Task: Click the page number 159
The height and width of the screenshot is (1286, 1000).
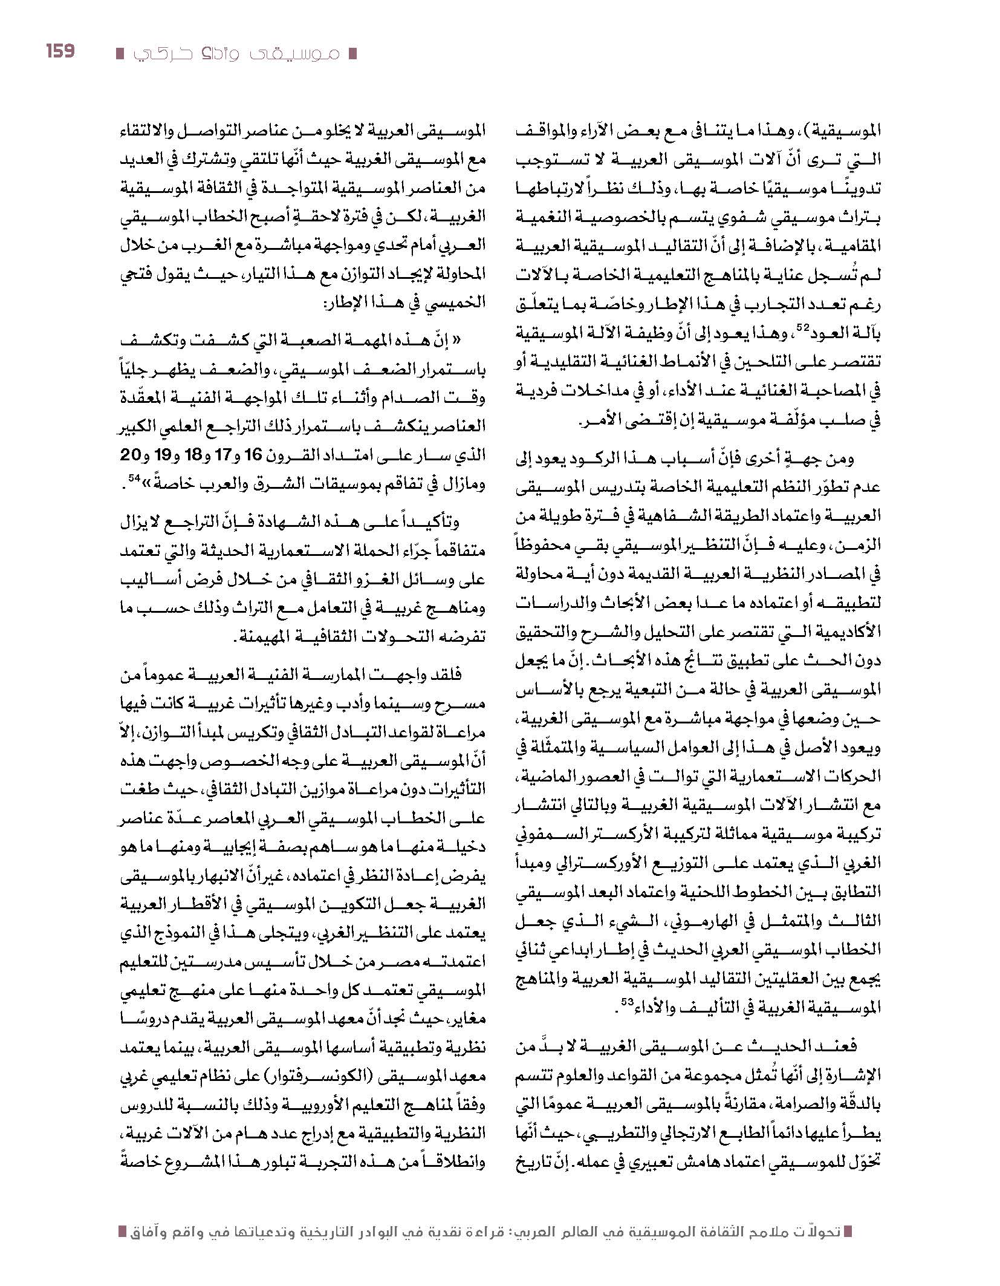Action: (60, 51)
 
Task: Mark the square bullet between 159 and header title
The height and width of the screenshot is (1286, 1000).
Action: (120, 54)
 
